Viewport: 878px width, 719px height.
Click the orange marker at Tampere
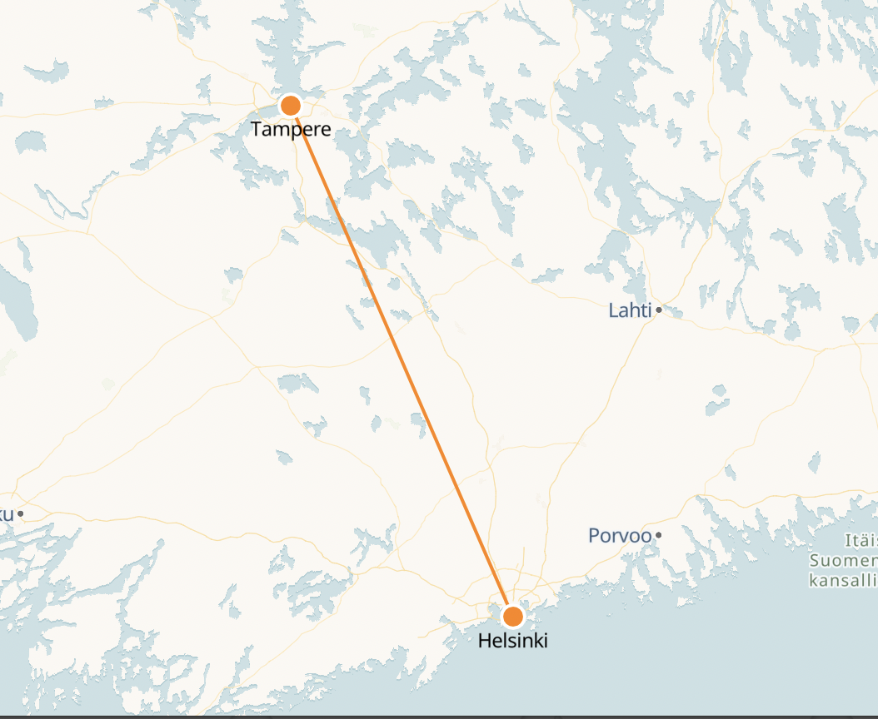click(x=291, y=106)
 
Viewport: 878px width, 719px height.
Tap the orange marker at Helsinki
click(x=513, y=617)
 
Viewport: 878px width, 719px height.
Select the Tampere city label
click(x=291, y=130)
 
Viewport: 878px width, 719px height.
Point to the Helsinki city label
click(x=513, y=641)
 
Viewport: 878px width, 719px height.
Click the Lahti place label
click(x=631, y=311)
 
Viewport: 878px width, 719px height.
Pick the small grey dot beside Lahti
click(x=659, y=310)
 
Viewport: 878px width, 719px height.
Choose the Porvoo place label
click(x=620, y=535)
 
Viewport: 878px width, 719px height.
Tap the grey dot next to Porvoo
click(x=659, y=534)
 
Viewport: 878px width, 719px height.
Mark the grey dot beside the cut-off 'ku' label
click(x=21, y=513)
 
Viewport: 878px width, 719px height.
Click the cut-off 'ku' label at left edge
click(x=7, y=513)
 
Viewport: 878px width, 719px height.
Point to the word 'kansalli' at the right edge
click(x=843, y=578)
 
